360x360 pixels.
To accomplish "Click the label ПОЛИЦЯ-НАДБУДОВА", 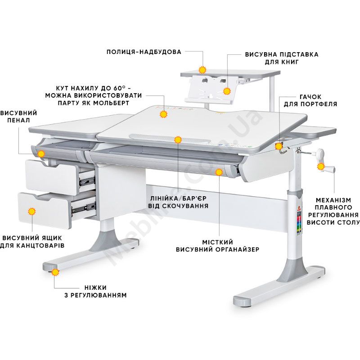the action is click(x=144, y=52).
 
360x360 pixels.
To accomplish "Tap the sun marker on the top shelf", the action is click(x=202, y=70).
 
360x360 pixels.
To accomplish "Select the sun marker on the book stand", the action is click(x=227, y=91).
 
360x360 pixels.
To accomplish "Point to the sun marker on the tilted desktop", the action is click(x=163, y=114).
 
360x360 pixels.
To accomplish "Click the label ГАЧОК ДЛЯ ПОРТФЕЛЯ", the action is click(x=310, y=100).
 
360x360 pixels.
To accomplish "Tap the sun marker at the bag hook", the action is click(x=279, y=146).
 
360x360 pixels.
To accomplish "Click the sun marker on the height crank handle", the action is click(x=321, y=166).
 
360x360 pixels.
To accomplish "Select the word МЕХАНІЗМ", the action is click(x=333, y=200).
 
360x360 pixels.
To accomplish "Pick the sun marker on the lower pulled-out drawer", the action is click(x=31, y=211).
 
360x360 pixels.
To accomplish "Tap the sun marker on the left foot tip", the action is click(x=55, y=272).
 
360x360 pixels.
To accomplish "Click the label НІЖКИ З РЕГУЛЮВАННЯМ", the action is click(x=95, y=291).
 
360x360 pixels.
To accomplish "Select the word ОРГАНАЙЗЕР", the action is click(x=237, y=249).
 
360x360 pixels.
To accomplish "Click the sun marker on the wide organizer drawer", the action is click(x=219, y=172).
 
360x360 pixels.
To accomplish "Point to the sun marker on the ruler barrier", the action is click(x=178, y=139).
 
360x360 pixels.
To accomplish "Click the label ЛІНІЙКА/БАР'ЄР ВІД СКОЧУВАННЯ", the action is click(x=178, y=202).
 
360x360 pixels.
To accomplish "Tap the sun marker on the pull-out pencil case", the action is click(x=41, y=154).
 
